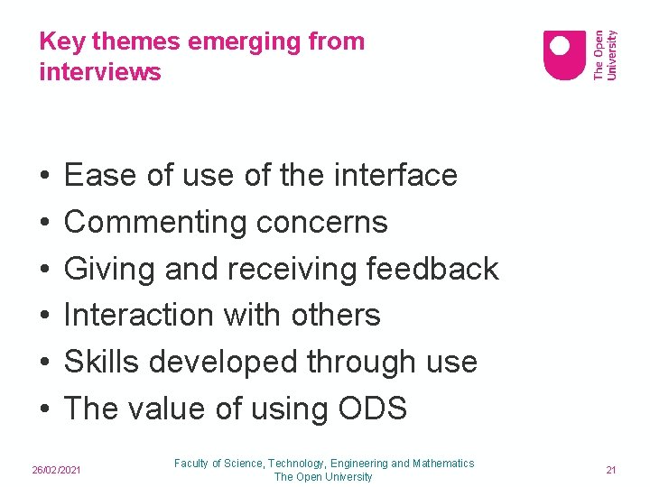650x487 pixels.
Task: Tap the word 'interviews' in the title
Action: [100, 71]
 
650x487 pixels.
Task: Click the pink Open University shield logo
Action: [564, 55]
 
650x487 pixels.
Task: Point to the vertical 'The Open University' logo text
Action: [605, 55]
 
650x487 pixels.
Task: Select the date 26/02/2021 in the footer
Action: [57, 470]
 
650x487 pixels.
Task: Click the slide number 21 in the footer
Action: [610, 470]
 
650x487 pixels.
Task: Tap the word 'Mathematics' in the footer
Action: [443, 464]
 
